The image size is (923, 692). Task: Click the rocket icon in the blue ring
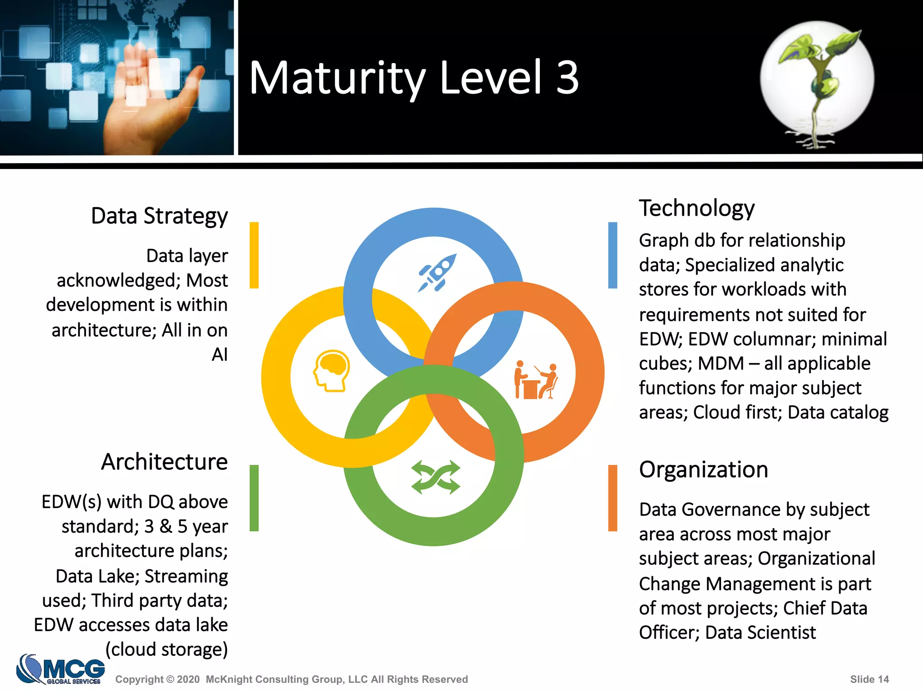437,273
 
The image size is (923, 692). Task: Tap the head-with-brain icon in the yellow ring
332,371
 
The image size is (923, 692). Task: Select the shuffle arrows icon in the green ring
436,477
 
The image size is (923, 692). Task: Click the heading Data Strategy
159,216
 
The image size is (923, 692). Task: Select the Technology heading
697,209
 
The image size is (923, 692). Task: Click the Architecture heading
164,462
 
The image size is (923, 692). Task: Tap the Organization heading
703,469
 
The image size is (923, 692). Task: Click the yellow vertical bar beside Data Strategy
254,255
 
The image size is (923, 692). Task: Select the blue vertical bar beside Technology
612,255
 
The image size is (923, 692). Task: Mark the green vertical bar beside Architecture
254,498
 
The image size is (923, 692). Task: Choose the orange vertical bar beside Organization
612,498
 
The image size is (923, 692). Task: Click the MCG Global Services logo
61,669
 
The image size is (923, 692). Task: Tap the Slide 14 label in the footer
869,679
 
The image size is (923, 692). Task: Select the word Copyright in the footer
139,679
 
